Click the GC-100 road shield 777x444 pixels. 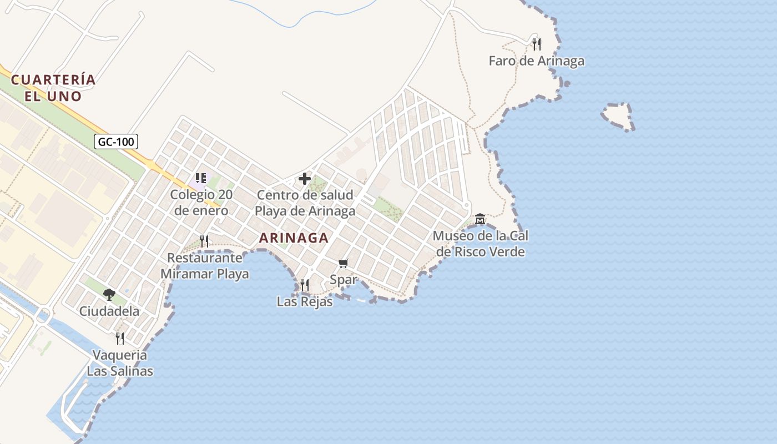116,142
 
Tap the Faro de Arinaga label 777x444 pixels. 536,61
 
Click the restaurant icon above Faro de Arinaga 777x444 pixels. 536,44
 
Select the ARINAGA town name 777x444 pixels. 294,238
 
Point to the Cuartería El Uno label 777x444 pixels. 53,88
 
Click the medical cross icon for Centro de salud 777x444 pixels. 305,179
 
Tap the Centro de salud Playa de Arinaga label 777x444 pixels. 305,203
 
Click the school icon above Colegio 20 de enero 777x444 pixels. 201,178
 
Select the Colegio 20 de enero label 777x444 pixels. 201,203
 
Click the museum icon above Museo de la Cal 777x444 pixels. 480,219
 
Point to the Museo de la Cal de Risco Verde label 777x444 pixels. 481,244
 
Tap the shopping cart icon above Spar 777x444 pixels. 344,263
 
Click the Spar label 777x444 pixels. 344,280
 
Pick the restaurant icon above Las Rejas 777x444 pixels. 305,285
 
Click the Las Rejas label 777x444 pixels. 305,302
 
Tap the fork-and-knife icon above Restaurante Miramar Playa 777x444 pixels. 204,241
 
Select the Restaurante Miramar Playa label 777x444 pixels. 205,266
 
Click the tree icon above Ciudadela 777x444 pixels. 109,294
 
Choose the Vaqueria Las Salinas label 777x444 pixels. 120,363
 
